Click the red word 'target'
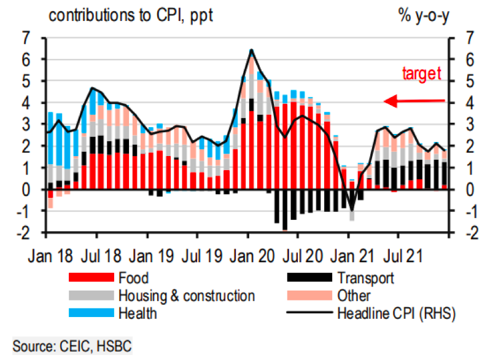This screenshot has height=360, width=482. [422, 74]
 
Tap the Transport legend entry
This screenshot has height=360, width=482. [366, 278]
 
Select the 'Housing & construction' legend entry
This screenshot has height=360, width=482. [187, 295]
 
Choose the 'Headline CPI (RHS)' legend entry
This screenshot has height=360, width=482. [393, 313]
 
